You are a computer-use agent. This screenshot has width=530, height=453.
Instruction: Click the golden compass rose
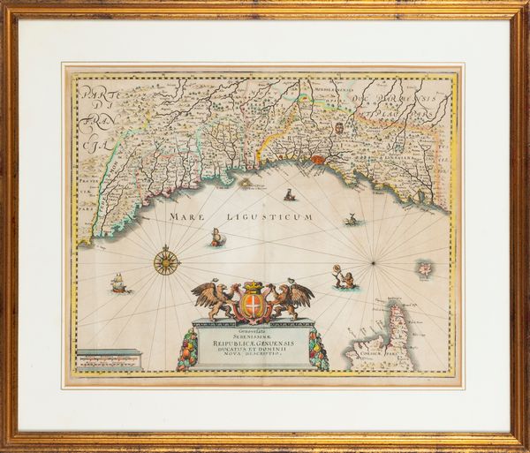(x=166, y=260)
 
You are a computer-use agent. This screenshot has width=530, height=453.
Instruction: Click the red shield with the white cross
(x=252, y=306)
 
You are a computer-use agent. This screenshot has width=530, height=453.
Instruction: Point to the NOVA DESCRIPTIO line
(x=252, y=362)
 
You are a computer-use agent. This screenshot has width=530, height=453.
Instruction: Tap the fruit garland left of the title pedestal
(x=187, y=349)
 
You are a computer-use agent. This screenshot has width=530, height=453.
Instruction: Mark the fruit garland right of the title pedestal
(x=317, y=350)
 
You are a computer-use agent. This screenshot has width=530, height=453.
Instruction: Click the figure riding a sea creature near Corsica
(x=344, y=278)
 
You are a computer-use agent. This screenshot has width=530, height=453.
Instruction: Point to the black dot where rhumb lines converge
(x=374, y=262)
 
